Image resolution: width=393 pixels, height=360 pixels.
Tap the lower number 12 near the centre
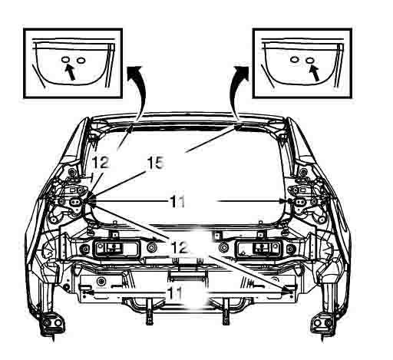click(x=179, y=248)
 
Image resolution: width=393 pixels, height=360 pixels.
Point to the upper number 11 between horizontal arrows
click(x=178, y=201)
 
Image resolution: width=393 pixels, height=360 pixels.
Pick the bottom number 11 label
click(x=177, y=293)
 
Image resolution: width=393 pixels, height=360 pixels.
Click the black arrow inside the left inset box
click(x=69, y=72)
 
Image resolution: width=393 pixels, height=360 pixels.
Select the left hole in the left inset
click(x=65, y=59)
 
